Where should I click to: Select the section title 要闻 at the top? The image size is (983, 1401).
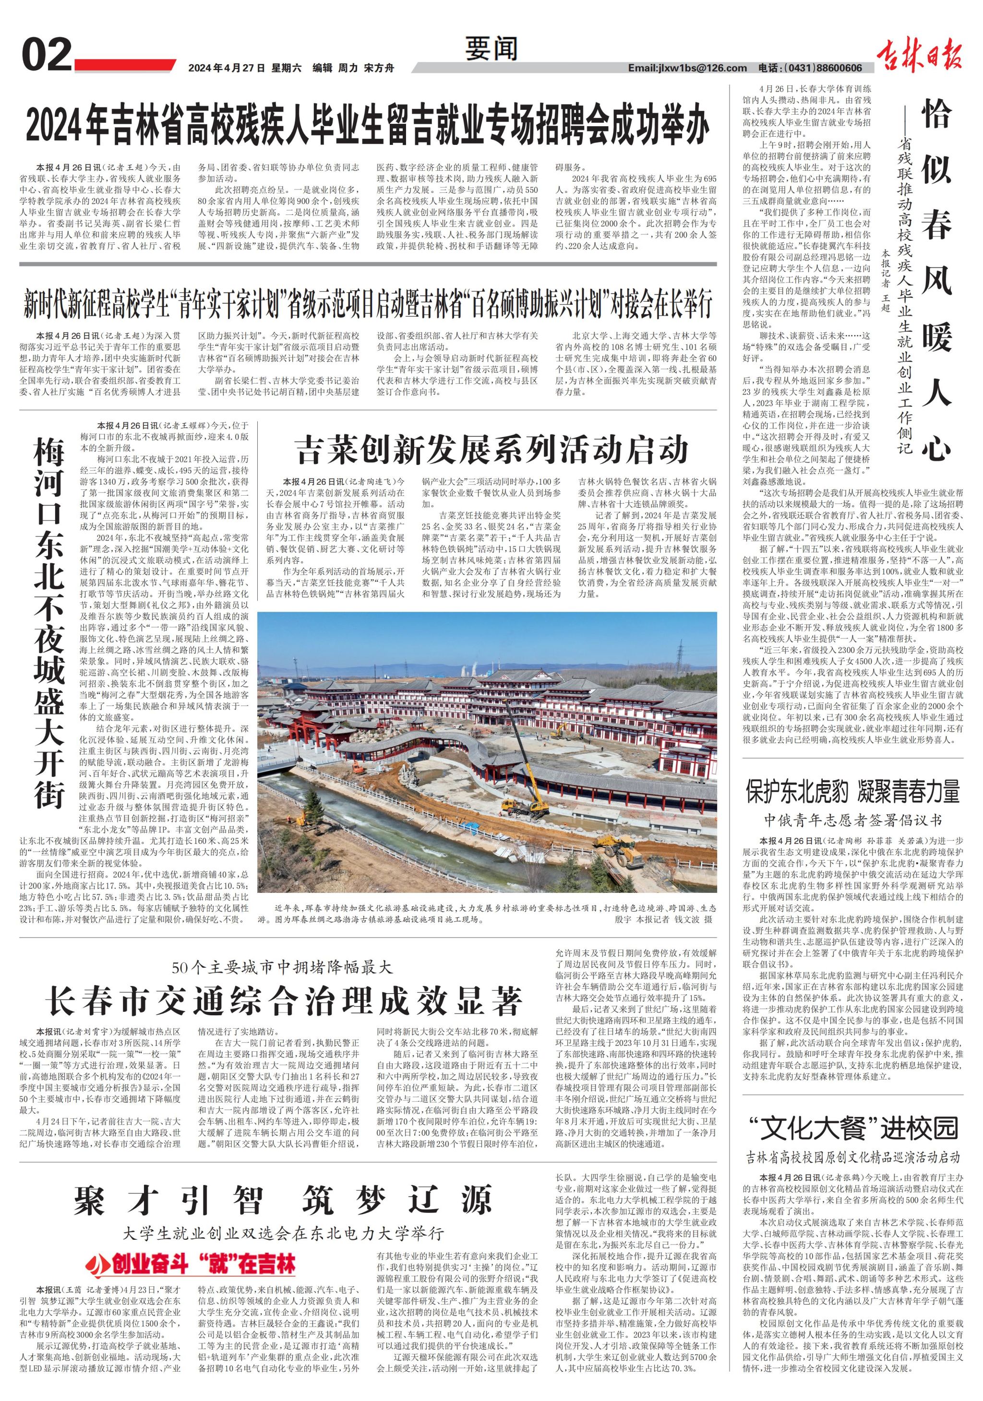click(491, 49)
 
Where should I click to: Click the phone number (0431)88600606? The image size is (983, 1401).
click(821, 68)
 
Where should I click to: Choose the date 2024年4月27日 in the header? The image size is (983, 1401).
click(227, 68)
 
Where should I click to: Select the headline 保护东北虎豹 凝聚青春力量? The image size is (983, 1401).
click(852, 791)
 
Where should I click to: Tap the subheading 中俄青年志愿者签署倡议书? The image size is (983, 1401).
click(852, 818)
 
